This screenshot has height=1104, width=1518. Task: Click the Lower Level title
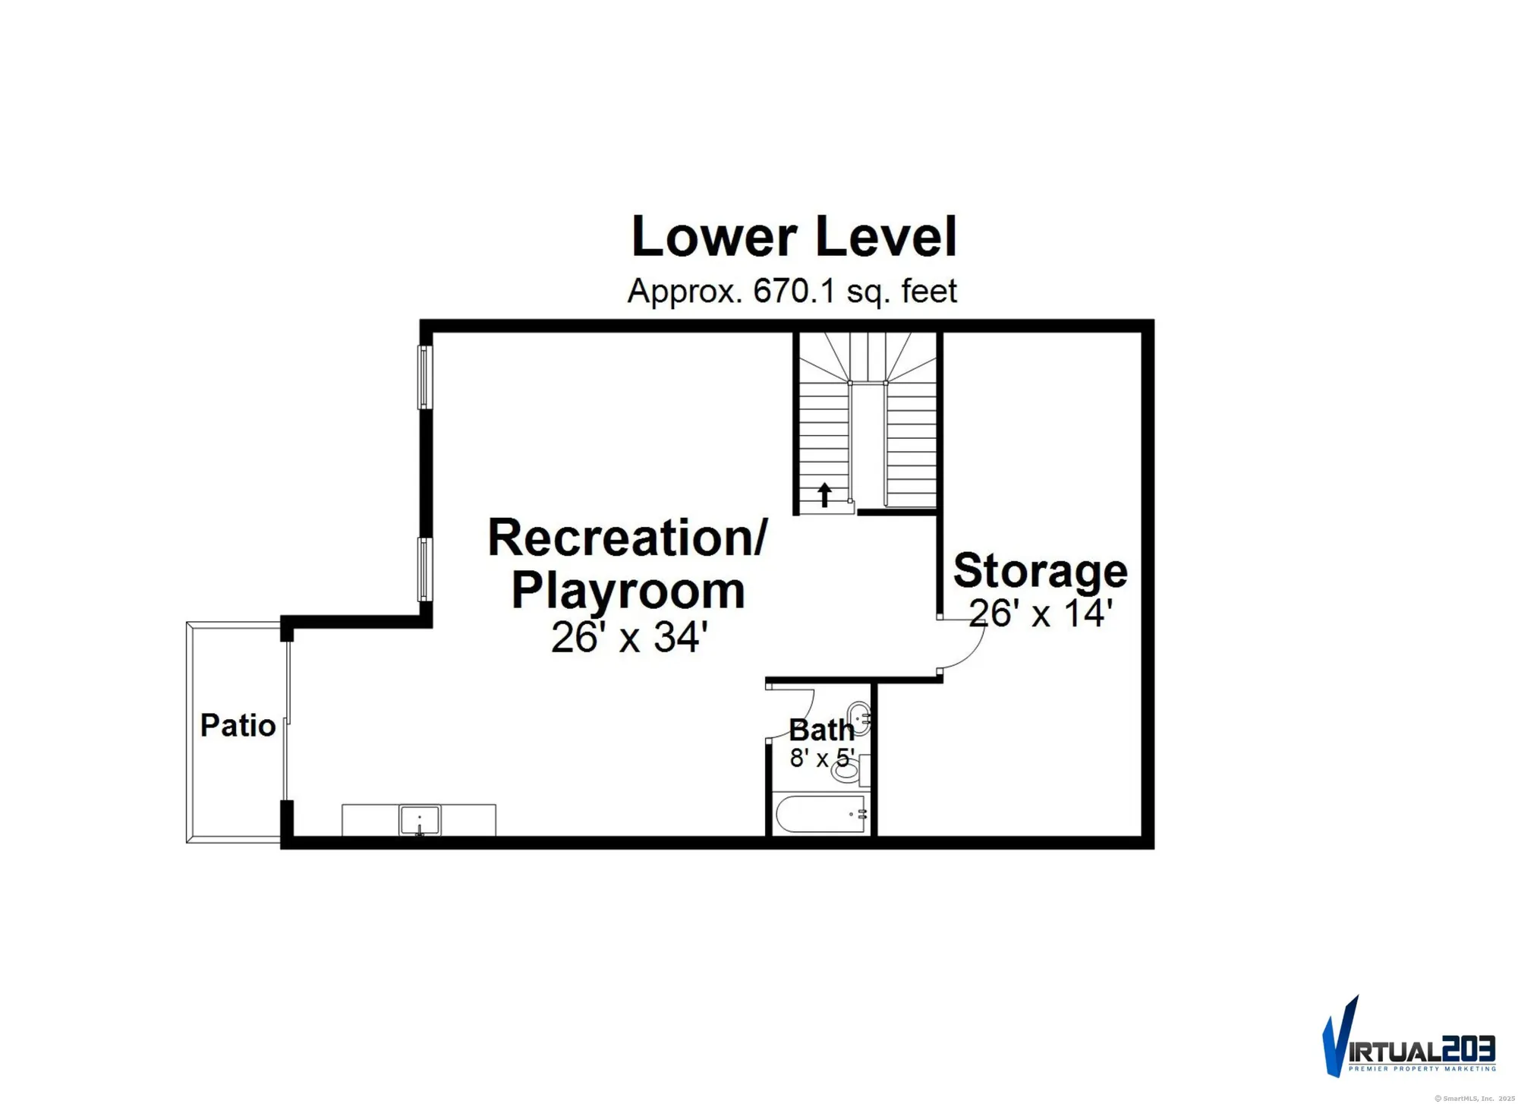tap(793, 238)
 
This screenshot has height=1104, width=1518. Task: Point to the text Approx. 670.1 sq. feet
tap(792, 292)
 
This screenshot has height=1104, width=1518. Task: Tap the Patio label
tap(238, 726)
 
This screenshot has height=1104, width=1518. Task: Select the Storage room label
tap(1040, 571)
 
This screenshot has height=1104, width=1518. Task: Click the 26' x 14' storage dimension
tap(1041, 614)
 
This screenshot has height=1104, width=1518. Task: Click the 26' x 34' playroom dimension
tap(629, 638)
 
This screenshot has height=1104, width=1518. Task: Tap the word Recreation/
tap(628, 538)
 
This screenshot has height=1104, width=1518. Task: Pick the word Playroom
tap(628, 591)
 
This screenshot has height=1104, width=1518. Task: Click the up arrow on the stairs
tap(824, 495)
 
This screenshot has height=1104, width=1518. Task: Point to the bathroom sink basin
tap(858, 716)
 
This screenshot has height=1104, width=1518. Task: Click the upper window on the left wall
tap(425, 377)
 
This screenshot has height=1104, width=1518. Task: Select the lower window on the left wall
tap(425, 569)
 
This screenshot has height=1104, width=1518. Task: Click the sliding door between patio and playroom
tap(288, 721)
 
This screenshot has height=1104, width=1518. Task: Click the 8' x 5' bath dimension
tap(821, 759)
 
